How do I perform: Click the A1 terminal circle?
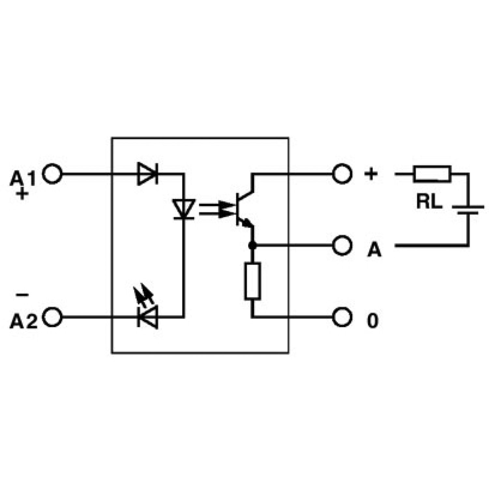[x=52, y=174]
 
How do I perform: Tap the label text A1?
[x=22, y=178]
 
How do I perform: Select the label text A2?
[x=23, y=321]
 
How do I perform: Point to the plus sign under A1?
[x=22, y=195]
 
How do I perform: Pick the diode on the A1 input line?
[x=148, y=173]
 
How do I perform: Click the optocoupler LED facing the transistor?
[x=184, y=209]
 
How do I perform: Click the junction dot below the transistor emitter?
[x=252, y=245]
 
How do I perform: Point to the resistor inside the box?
[x=252, y=281]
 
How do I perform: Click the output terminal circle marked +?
[x=342, y=174]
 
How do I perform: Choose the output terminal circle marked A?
[x=342, y=245]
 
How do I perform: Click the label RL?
[x=429, y=202]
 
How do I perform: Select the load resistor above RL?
[x=432, y=174]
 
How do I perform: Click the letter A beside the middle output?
[x=374, y=250]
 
